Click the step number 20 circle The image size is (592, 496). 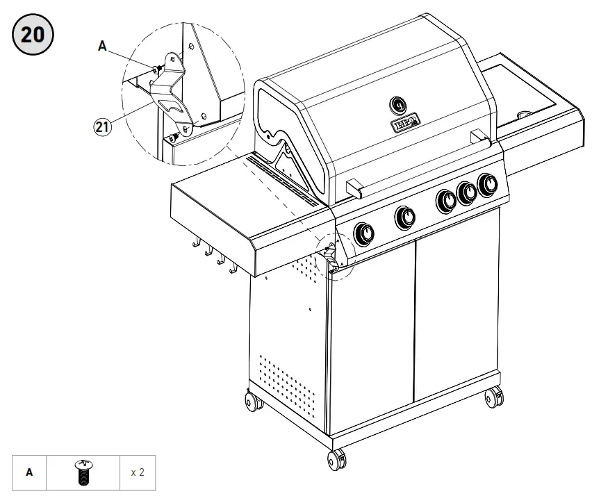33,35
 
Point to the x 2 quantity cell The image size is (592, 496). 138,472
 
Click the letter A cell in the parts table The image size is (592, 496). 29,472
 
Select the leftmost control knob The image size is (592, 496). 363,234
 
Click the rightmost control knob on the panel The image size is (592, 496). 488,185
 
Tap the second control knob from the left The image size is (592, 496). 404,217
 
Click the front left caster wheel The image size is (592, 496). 337,459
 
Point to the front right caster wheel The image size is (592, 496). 493,398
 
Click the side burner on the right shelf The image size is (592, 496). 526,113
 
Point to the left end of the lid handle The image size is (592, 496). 354,185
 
